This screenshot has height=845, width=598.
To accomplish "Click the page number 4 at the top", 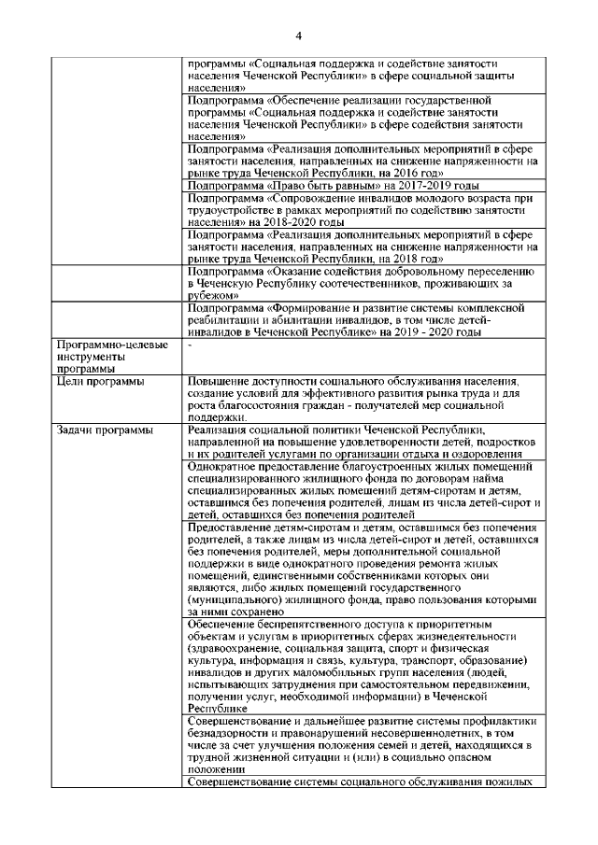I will pyautogui.click(x=298, y=36).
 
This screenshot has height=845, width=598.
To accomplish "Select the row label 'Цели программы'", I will pyautogui.click(x=100, y=382).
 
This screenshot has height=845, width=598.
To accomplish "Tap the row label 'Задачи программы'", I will pyautogui.click(x=104, y=430).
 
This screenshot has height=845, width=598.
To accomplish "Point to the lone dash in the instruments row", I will pyautogui.click(x=190, y=345).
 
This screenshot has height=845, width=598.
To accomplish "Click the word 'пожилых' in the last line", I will pyautogui.click(x=511, y=782).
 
